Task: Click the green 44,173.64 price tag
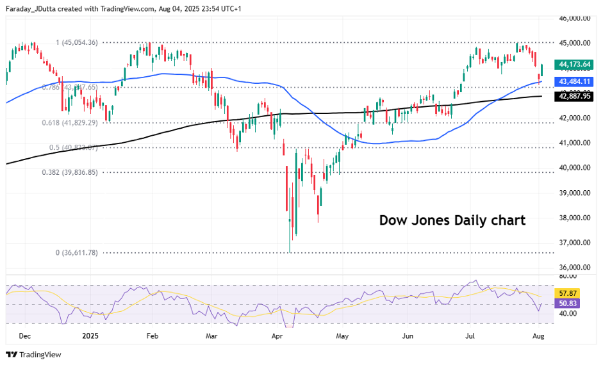pos(574,65)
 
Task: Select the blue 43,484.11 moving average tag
pos(574,82)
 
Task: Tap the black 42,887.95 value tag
pos(574,96)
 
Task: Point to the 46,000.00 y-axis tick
pos(574,19)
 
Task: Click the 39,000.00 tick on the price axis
pos(574,193)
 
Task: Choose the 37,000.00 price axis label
pos(574,243)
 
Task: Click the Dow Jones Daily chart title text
pos(452,221)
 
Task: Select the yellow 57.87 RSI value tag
pos(568,293)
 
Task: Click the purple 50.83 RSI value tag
pos(568,304)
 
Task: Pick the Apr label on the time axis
pos(277,336)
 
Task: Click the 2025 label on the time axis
pos(90,336)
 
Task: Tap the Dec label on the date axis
pos(24,336)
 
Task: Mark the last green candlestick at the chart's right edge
pos(542,70)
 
